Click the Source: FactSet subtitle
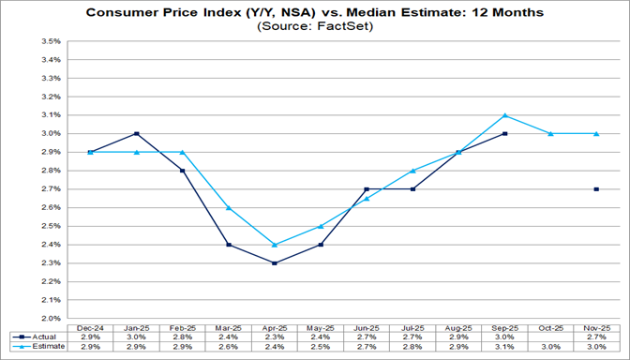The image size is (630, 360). pyautogui.click(x=315, y=28)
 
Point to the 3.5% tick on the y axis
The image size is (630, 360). pyautogui.click(x=50, y=42)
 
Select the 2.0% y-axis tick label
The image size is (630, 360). pyautogui.click(x=50, y=319)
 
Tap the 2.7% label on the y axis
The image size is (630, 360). pyautogui.click(x=50, y=189)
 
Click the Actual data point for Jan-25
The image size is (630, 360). pyautogui.click(x=137, y=134)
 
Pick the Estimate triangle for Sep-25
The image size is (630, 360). pyautogui.click(x=504, y=115)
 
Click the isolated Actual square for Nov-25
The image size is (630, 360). pyautogui.click(x=596, y=189)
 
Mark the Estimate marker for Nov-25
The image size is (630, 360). pyautogui.click(x=596, y=134)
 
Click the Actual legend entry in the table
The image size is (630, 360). pyautogui.click(x=35, y=336)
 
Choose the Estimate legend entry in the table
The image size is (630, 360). pyautogui.click(x=35, y=347)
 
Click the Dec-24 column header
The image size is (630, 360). pyautogui.click(x=89, y=325)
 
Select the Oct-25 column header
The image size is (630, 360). pyautogui.click(x=551, y=325)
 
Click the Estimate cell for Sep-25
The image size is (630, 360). pyautogui.click(x=504, y=347)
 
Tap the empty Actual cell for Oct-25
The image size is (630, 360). pyautogui.click(x=551, y=336)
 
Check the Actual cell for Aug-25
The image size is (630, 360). pyautogui.click(x=458, y=336)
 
